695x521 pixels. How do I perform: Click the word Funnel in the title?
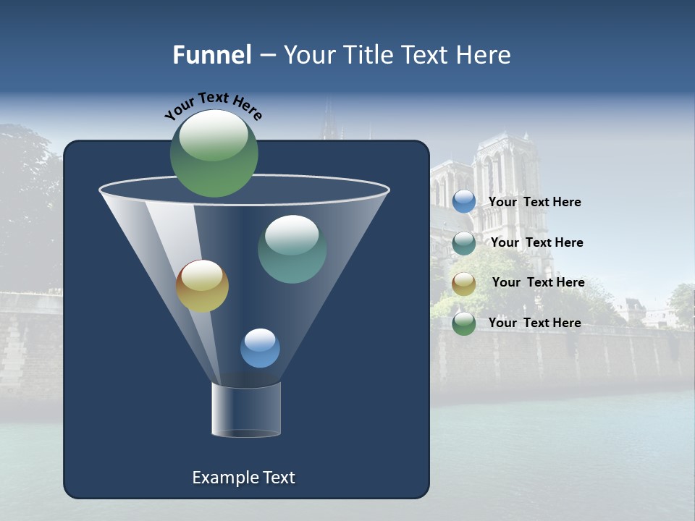coord(212,55)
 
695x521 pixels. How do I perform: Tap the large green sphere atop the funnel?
coord(214,153)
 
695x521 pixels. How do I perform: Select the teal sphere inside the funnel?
coord(292,249)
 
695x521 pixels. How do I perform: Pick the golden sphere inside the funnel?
coord(202,286)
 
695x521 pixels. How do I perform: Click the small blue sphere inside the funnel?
coord(260,348)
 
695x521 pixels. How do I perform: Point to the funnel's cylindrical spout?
coord(246,410)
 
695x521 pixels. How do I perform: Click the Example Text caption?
coord(244,478)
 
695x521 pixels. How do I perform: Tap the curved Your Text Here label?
coord(213,106)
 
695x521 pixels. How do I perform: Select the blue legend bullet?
coord(464,202)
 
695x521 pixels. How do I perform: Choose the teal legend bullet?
coord(464,243)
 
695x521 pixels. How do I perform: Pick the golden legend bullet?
coord(464,284)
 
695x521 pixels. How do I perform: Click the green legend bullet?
coord(464,323)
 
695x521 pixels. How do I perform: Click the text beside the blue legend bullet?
coord(534,202)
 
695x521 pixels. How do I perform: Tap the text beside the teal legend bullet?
coord(536,242)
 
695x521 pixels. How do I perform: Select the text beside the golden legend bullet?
coord(538,282)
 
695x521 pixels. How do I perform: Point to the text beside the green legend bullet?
coord(534,323)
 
